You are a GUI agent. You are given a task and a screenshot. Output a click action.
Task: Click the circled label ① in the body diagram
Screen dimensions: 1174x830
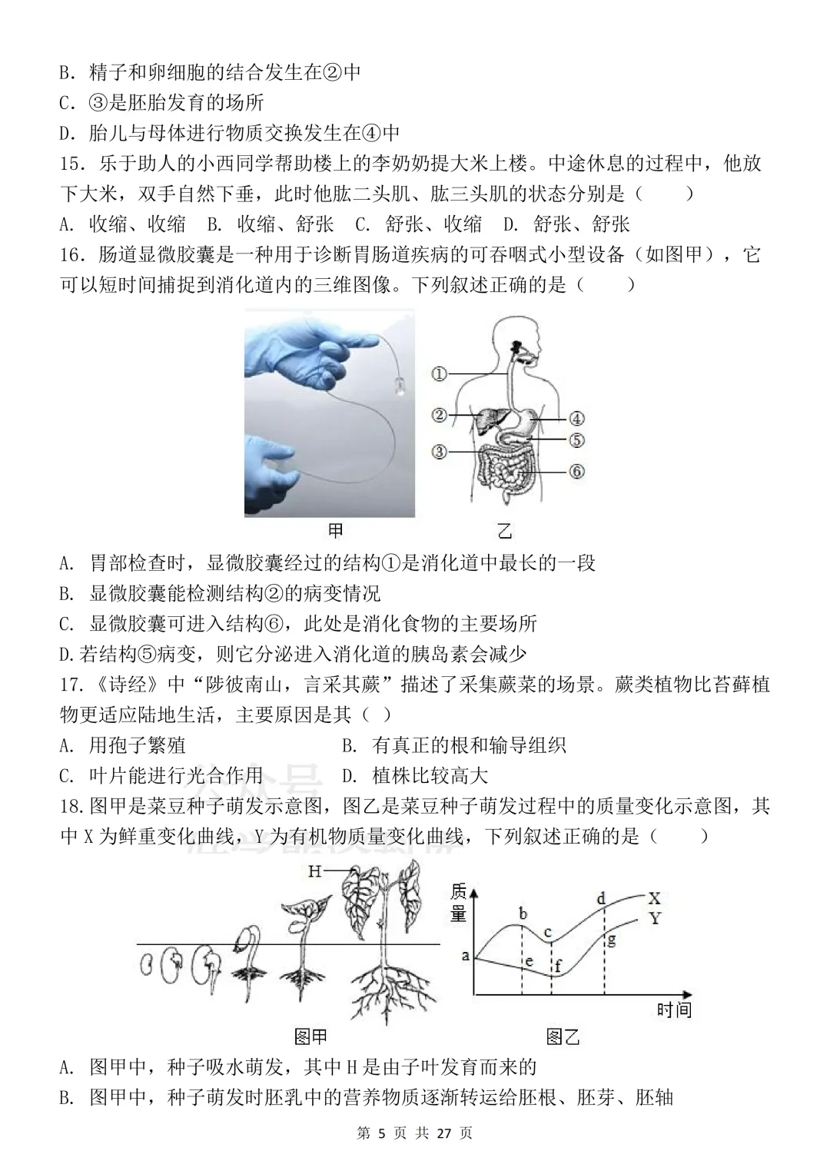tap(439, 374)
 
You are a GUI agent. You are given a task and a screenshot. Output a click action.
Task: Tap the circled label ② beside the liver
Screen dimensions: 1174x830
tap(439, 416)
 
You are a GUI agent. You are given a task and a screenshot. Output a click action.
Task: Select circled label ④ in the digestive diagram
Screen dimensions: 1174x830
tap(576, 419)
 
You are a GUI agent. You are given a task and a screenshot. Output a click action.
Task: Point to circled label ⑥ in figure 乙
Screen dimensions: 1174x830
tap(576, 471)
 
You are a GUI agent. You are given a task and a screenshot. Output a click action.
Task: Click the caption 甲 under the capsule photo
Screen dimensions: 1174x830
tap(336, 531)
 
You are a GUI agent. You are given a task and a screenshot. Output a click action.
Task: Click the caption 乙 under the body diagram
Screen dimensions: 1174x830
tap(504, 531)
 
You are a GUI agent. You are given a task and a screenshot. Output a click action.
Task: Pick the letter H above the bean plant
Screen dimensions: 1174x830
tap(314, 871)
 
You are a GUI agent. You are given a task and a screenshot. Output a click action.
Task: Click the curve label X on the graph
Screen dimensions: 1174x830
tap(655, 898)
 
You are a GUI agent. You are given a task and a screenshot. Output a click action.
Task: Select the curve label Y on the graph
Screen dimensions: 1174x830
tap(655, 918)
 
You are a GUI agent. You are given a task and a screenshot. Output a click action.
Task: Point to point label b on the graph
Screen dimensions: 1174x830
tap(523, 914)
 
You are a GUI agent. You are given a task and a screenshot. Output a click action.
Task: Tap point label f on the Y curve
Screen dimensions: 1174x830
tap(558, 965)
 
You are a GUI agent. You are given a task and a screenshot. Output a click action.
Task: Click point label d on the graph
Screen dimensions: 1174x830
tap(602, 898)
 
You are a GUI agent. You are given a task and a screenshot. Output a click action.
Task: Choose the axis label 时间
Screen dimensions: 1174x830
tap(674, 1010)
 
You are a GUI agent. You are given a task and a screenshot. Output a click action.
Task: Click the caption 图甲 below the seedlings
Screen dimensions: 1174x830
tap(311, 1037)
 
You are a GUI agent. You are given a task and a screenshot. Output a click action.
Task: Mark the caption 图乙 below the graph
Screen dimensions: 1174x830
tap(563, 1037)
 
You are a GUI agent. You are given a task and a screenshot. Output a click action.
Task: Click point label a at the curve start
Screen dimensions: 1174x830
tap(465, 956)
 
